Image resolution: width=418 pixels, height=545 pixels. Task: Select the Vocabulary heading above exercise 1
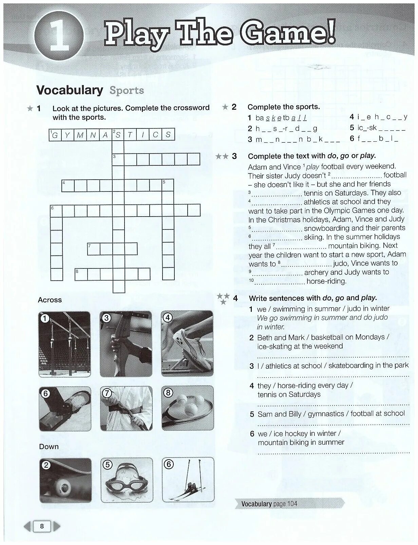tap(70, 90)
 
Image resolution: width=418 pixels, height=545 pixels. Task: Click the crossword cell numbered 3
tap(118, 159)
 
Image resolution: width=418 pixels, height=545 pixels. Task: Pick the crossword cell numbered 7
tap(93, 249)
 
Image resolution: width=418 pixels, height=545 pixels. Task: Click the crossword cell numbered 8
tap(81, 274)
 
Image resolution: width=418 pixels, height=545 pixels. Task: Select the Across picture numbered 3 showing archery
tap(126, 344)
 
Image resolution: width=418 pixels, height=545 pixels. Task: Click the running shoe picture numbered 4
tap(187, 344)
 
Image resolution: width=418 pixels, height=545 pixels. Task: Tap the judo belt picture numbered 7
tap(126, 408)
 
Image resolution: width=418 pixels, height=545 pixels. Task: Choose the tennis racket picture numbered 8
tap(187, 408)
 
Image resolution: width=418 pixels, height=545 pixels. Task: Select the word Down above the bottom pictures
tap(49, 447)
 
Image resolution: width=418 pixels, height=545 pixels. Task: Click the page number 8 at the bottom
tap(42, 526)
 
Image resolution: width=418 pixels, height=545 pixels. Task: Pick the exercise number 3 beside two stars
tap(234, 156)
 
